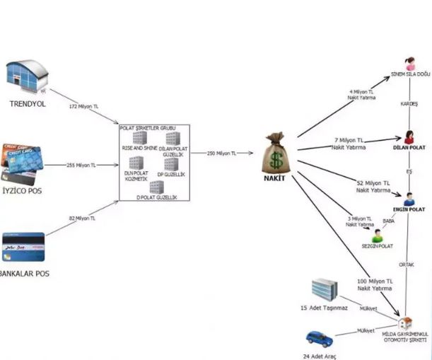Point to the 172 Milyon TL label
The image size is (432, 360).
[83, 106]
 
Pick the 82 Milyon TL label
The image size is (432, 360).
[83, 219]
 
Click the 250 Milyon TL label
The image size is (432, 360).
[222, 153]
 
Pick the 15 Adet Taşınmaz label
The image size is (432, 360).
[323, 309]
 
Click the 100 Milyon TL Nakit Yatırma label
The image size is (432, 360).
[373, 284]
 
